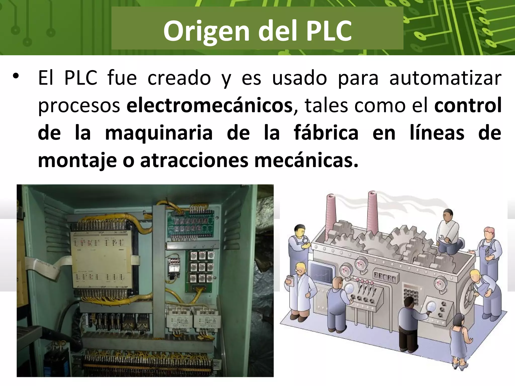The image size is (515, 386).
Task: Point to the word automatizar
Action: click(x=445, y=78)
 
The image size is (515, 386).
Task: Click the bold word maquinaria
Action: click(x=159, y=133)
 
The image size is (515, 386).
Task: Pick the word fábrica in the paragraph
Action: click(x=326, y=133)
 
